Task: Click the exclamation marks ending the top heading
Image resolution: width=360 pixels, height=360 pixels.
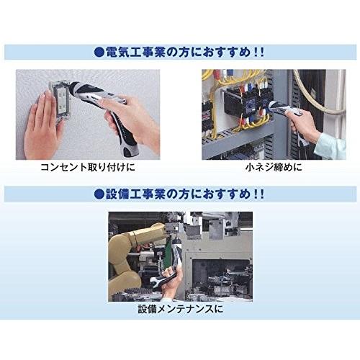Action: [x=256, y=52]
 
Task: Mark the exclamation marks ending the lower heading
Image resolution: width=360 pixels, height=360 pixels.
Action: [x=256, y=194]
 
